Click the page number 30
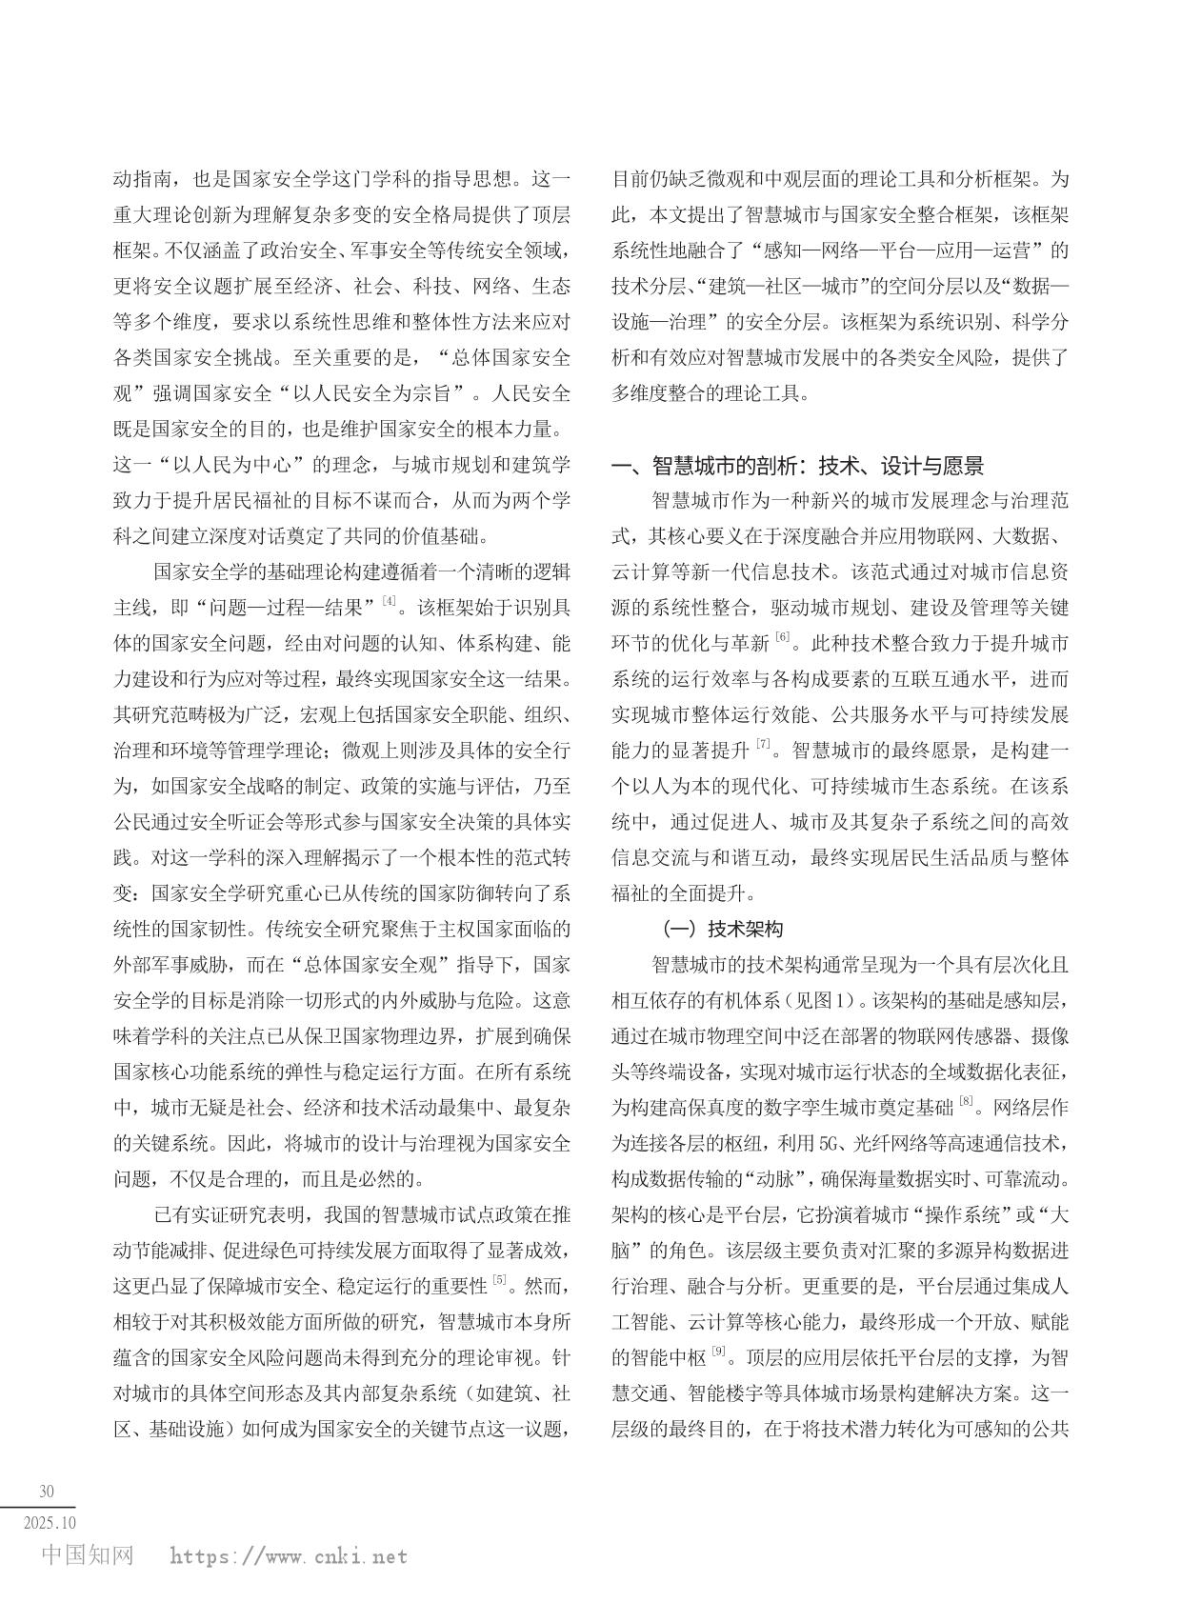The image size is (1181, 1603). [46, 1491]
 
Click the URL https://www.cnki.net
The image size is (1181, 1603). [289, 1557]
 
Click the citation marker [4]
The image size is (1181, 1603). [388, 601]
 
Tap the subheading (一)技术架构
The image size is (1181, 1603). [723, 929]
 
